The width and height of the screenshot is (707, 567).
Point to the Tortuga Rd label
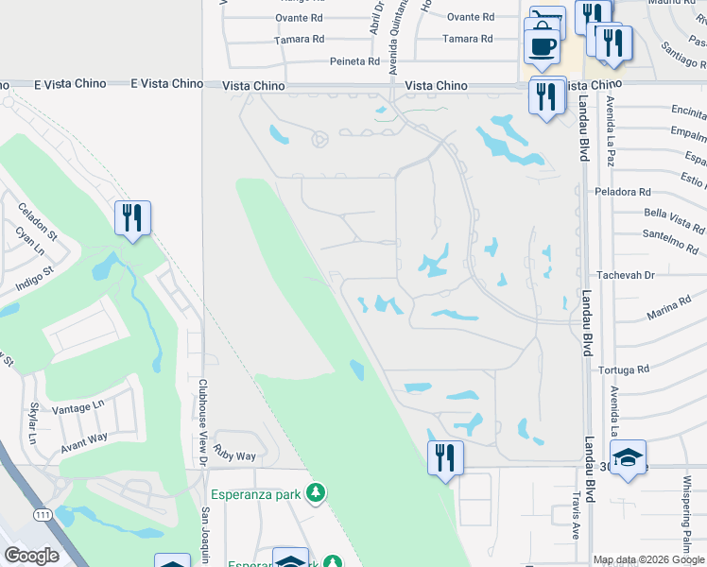(629, 369)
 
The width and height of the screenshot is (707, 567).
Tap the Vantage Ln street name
(78, 405)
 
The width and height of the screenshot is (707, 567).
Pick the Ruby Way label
(234, 455)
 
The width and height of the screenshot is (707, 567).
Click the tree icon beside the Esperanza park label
(317, 492)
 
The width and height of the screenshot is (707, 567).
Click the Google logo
(31, 556)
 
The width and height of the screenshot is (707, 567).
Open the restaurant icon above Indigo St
(131, 217)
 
